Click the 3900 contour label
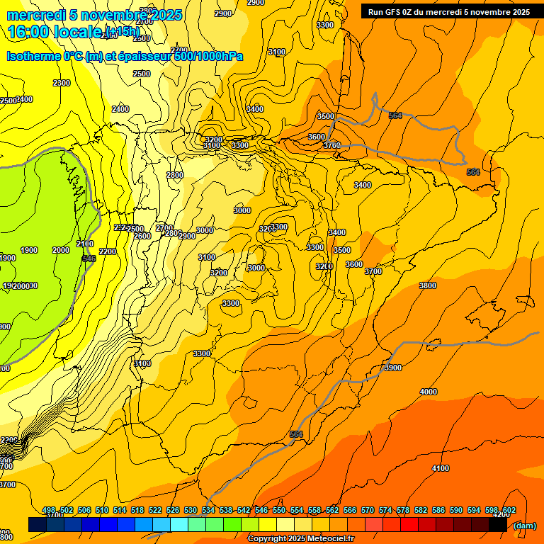pyautogui.click(x=392, y=368)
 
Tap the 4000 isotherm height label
pyautogui.click(x=428, y=392)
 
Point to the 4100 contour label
pyautogui.click(x=440, y=468)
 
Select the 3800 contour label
pyautogui.click(x=427, y=285)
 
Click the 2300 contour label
pyautogui.click(x=62, y=83)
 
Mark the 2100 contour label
pyautogui.click(x=84, y=244)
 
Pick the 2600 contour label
pyautogui.click(x=142, y=236)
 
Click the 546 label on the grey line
pyautogui.click(x=89, y=259)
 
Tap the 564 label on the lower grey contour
pyautogui.click(x=296, y=434)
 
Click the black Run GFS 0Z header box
pyautogui.click(x=448, y=11)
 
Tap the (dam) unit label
pyautogui.click(x=524, y=525)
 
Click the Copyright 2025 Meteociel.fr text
pyautogui.click(x=300, y=538)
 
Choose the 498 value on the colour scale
pyautogui.click(x=49, y=510)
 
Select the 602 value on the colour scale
pyautogui.click(x=509, y=510)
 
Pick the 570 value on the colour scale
pyautogui.click(x=368, y=510)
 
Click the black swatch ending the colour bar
pyautogui.click(x=498, y=524)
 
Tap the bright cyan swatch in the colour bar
pyautogui.click(x=179, y=524)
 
